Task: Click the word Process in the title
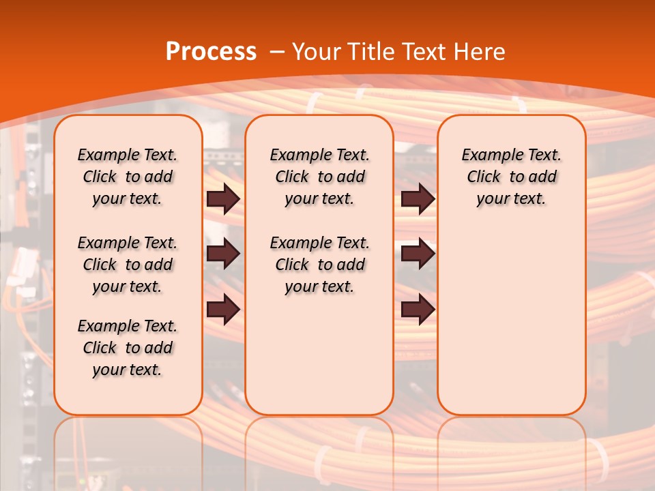(x=211, y=51)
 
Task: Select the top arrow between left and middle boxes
(x=223, y=198)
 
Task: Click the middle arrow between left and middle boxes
(x=223, y=254)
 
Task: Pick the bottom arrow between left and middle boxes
(x=223, y=309)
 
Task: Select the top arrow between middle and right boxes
(x=418, y=198)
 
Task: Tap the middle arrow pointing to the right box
(x=418, y=254)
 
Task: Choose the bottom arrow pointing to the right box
(x=418, y=309)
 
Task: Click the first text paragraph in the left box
(x=128, y=177)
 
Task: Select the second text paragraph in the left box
(x=128, y=265)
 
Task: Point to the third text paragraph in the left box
(x=128, y=348)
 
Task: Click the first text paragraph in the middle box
(x=320, y=177)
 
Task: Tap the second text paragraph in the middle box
(x=320, y=265)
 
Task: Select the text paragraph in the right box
(x=512, y=177)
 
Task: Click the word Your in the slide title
(x=317, y=51)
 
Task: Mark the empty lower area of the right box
(x=512, y=321)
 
